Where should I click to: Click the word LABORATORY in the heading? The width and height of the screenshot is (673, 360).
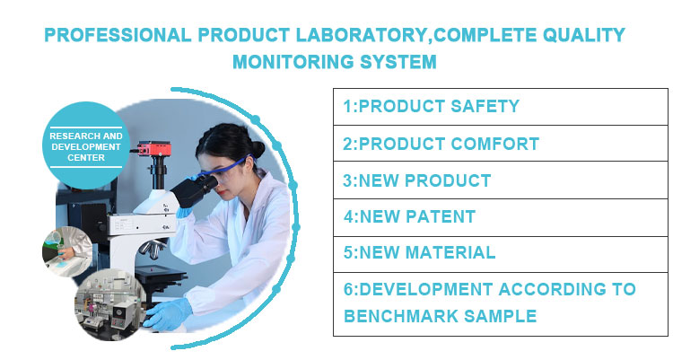pos(363,35)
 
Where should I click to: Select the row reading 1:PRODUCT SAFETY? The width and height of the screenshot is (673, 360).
pos(501,107)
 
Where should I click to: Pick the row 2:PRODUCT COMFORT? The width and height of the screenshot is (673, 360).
pos(501,144)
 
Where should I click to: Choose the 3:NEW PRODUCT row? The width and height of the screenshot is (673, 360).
pos(501,180)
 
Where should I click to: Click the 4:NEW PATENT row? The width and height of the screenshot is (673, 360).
pos(501,217)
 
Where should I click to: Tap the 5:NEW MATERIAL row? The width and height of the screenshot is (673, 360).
pos(501,254)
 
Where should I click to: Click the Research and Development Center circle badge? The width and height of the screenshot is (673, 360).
pos(86,145)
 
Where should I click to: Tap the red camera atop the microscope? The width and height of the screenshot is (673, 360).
pos(153,150)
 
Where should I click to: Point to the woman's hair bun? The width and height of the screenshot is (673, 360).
pos(258,149)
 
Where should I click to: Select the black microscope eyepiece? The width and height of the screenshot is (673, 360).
pos(196,190)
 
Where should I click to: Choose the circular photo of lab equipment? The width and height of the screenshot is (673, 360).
pos(110,305)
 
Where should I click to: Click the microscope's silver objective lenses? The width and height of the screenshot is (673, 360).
pos(153,249)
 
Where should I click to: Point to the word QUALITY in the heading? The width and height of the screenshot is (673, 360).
pos(584,35)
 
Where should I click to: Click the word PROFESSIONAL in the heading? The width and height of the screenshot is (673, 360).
pos(118,35)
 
